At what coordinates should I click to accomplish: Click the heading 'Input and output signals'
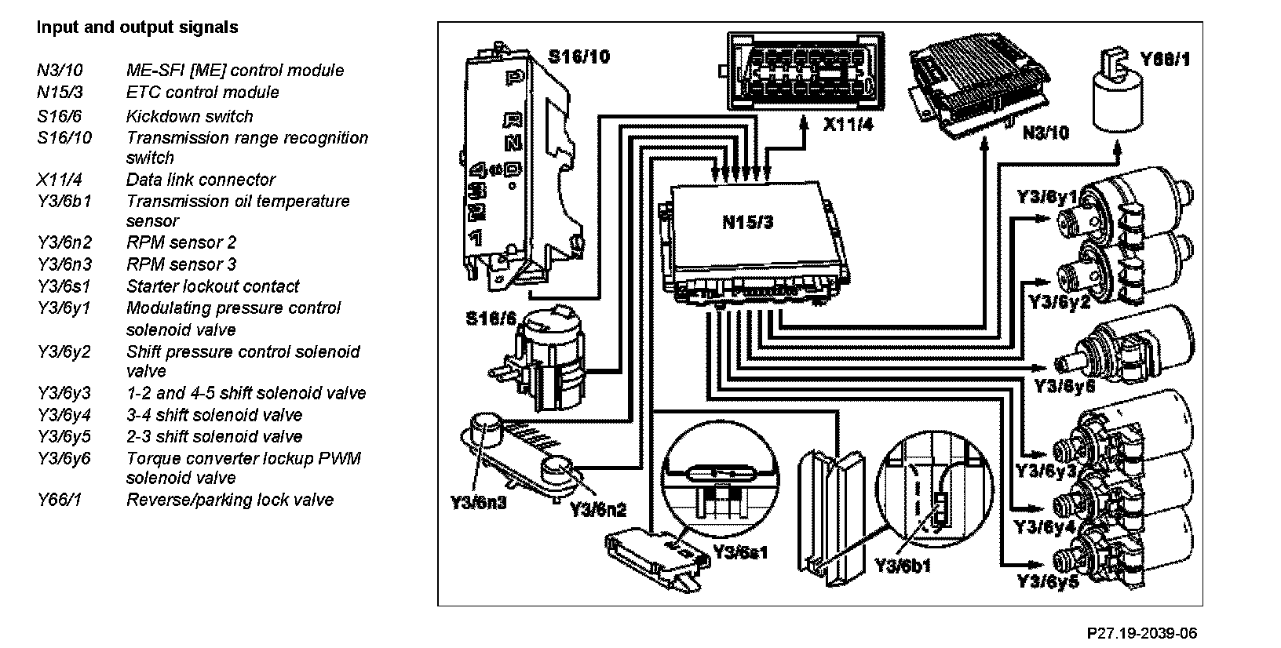[137, 27]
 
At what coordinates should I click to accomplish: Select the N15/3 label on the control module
[747, 222]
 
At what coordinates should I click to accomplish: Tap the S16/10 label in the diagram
[578, 56]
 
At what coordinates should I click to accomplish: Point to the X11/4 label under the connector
[848, 125]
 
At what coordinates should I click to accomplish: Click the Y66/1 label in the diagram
[1165, 59]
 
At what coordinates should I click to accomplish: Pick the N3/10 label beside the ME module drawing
[1046, 133]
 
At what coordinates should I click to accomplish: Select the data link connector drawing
[805, 71]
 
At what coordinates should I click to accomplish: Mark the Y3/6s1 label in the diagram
[740, 552]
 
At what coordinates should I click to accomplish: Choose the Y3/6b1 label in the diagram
[903, 565]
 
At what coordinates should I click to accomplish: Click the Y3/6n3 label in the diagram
[478, 503]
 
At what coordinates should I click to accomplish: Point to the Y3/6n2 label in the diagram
[598, 510]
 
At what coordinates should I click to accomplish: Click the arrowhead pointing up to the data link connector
[804, 124]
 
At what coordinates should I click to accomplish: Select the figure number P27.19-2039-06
[1141, 633]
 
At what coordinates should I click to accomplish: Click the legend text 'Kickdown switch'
[189, 116]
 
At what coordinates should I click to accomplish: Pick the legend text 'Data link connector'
[201, 180]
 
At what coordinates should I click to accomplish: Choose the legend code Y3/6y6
[64, 458]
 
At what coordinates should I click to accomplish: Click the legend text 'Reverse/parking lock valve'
[229, 500]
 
